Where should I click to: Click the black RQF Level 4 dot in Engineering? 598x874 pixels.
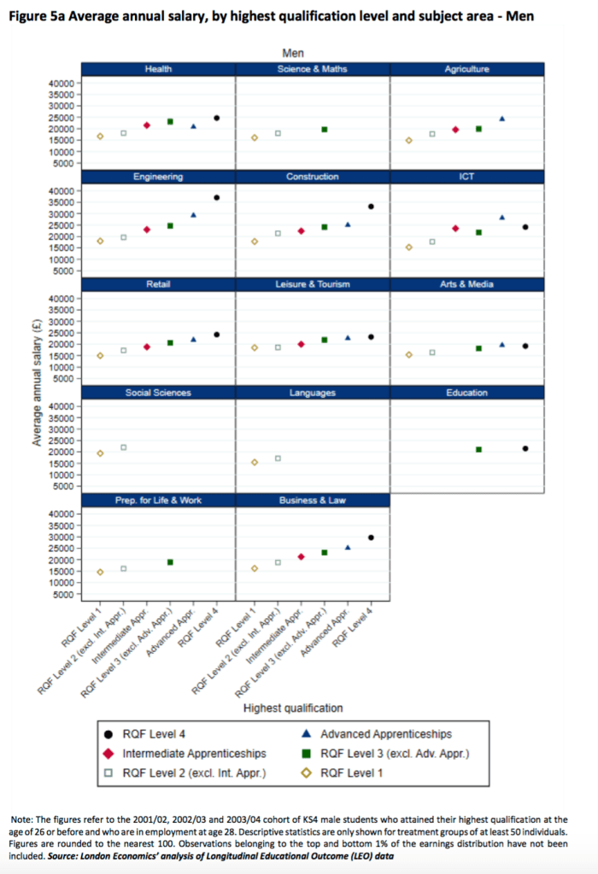click(217, 198)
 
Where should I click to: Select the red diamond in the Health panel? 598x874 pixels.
click(147, 125)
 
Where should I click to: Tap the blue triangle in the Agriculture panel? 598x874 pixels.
click(502, 119)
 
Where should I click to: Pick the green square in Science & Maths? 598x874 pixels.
click(325, 129)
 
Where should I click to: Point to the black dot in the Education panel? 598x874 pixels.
click(525, 448)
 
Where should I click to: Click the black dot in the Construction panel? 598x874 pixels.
click(371, 207)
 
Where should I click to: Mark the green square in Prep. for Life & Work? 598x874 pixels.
click(170, 562)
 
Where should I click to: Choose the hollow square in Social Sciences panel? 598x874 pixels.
click(123, 447)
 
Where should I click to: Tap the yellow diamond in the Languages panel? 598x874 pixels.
click(255, 462)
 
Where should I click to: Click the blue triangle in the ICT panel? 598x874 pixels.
click(502, 217)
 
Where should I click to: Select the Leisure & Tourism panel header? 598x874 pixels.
click(313, 284)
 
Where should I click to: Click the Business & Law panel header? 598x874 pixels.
click(313, 500)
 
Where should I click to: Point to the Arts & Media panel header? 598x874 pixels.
click(467, 284)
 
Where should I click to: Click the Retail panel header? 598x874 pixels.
click(158, 284)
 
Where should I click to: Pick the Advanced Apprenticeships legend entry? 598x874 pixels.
click(385, 734)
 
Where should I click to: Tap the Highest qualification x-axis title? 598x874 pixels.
click(293, 708)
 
